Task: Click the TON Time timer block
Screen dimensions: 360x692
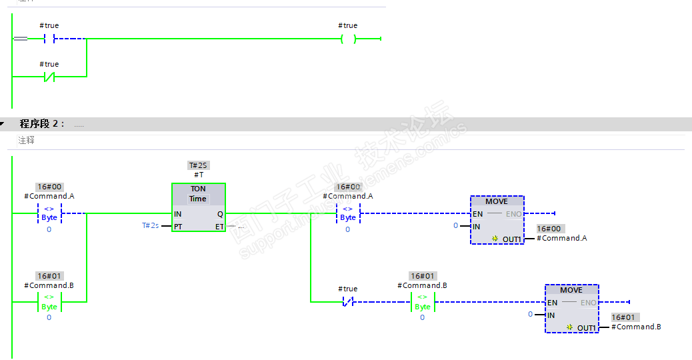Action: click(198, 207)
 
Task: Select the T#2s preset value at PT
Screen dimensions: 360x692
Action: click(150, 226)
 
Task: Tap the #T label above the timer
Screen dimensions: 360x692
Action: click(199, 175)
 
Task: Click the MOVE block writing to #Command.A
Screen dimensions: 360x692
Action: click(497, 220)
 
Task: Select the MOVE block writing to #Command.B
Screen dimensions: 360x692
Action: click(571, 309)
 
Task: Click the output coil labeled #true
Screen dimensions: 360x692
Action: click(347, 39)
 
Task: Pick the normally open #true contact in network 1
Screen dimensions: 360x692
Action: click(49, 39)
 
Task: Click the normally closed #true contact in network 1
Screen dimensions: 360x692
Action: click(49, 77)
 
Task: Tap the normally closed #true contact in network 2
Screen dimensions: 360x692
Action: click(347, 302)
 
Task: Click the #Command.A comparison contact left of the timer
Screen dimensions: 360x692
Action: click(49, 213)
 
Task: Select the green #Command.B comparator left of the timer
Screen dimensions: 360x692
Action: click(49, 302)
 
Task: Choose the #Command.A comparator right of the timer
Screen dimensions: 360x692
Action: click(347, 213)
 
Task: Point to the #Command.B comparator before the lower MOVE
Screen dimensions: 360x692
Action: click(422, 302)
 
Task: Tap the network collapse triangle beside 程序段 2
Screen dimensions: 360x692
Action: click(3, 124)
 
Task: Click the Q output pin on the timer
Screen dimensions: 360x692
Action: click(220, 214)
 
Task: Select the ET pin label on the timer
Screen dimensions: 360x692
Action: click(219, 227)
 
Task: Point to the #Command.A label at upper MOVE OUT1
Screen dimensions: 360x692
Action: click(561, 239)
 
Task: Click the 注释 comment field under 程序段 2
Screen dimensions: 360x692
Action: click(27, 141)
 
